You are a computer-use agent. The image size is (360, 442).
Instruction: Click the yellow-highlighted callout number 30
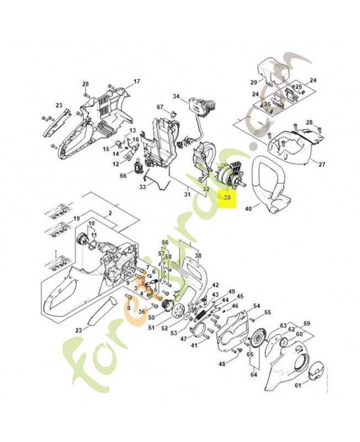click(226, 198)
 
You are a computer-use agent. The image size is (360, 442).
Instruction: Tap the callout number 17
click(137, 82)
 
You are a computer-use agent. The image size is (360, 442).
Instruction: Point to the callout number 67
click(160, 107)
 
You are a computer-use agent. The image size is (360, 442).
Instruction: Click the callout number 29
click(254, 82)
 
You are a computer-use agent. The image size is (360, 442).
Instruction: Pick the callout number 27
click(322, 164)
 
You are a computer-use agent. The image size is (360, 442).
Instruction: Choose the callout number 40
click(248, 208)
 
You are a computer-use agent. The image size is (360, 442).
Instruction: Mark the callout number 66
click(124, 176)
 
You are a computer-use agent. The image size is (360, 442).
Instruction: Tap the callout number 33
click(142, 187)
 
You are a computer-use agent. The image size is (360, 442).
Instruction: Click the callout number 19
click(77, 218)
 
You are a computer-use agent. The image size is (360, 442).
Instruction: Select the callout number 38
click(198, 255)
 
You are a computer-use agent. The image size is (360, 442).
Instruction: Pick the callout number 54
click(257, 306)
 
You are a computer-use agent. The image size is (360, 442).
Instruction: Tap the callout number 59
click(307, 324)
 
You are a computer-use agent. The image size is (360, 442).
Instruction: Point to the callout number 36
click(141, 311)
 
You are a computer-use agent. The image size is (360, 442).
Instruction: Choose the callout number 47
click(184, 338)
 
